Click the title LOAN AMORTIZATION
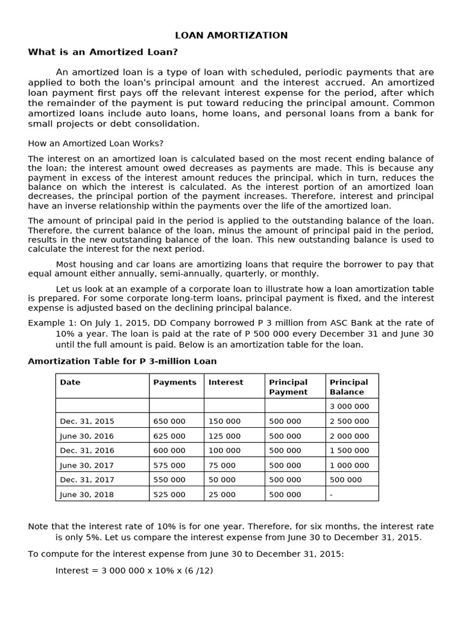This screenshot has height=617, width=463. point(231,36)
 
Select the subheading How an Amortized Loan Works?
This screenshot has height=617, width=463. point(96,143)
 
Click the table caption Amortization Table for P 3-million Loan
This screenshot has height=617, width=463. point(122,362)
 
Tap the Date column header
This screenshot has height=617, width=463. point(70,382)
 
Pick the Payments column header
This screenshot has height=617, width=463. point(175,382)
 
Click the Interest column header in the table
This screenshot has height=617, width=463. point(226,382)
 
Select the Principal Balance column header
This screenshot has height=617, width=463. point(348,387)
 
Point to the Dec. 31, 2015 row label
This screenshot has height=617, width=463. point(87,421)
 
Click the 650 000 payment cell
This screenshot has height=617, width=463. point(169,421)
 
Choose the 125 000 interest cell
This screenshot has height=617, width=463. point(224,436)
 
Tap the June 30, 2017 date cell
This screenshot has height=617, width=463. point(87,465)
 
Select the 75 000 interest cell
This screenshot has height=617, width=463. point(222,465)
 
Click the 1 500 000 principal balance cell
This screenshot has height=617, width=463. point(350,450)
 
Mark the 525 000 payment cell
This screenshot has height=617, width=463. point(169,495)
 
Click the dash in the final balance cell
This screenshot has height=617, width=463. point(332,495)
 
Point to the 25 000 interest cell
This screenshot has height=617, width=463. point(222,495)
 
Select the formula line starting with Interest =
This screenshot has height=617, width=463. point(134,569)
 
